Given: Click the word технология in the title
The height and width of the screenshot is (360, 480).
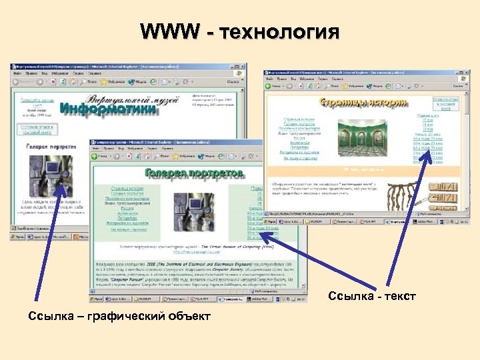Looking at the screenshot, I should coord(275,31).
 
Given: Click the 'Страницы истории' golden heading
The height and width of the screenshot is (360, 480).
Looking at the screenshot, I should coord(353,103).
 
